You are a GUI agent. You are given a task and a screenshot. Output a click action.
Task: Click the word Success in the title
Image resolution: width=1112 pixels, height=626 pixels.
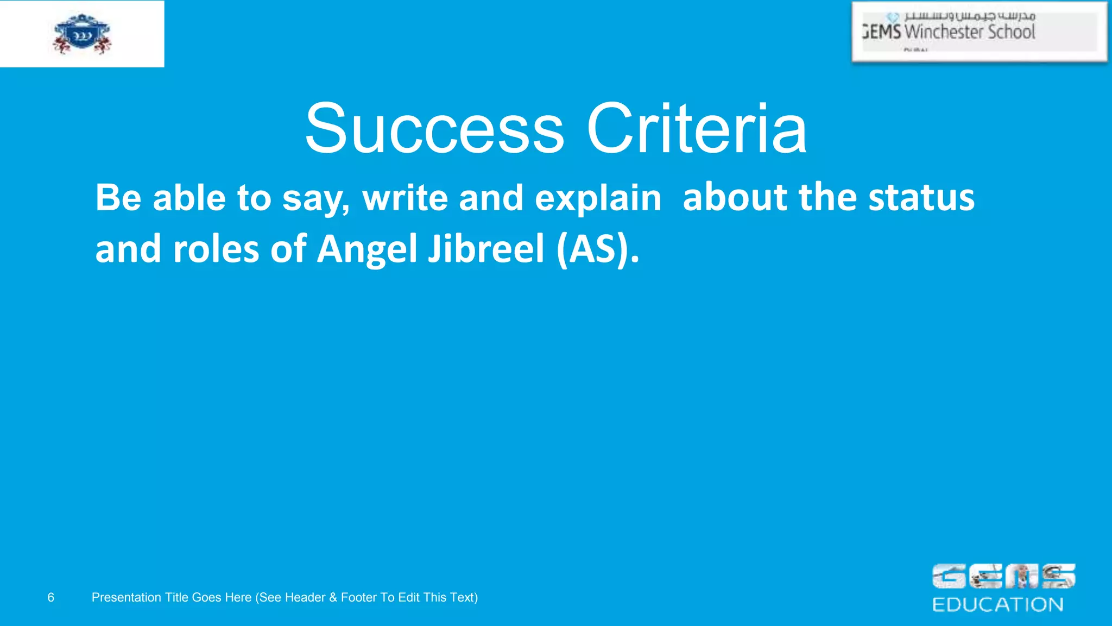click(434, 129)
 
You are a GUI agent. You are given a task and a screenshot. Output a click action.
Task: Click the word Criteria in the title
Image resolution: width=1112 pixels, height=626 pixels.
click(697, 129)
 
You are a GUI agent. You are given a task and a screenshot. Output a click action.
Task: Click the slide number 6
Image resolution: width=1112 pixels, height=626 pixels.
click(51, 598)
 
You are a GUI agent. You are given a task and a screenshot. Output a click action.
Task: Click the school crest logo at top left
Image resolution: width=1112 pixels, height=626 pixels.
click(82, 34)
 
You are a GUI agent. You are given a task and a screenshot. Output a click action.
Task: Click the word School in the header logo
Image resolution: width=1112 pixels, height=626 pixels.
click(1012, 32)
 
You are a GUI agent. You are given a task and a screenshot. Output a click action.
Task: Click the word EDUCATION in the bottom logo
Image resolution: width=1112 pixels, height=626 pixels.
click(997, 605)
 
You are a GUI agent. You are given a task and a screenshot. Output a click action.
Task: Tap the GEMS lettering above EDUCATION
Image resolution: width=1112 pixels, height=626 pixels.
click(1003, 577)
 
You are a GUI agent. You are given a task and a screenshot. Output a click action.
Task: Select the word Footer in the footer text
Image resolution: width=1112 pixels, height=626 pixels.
click(359, 598)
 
